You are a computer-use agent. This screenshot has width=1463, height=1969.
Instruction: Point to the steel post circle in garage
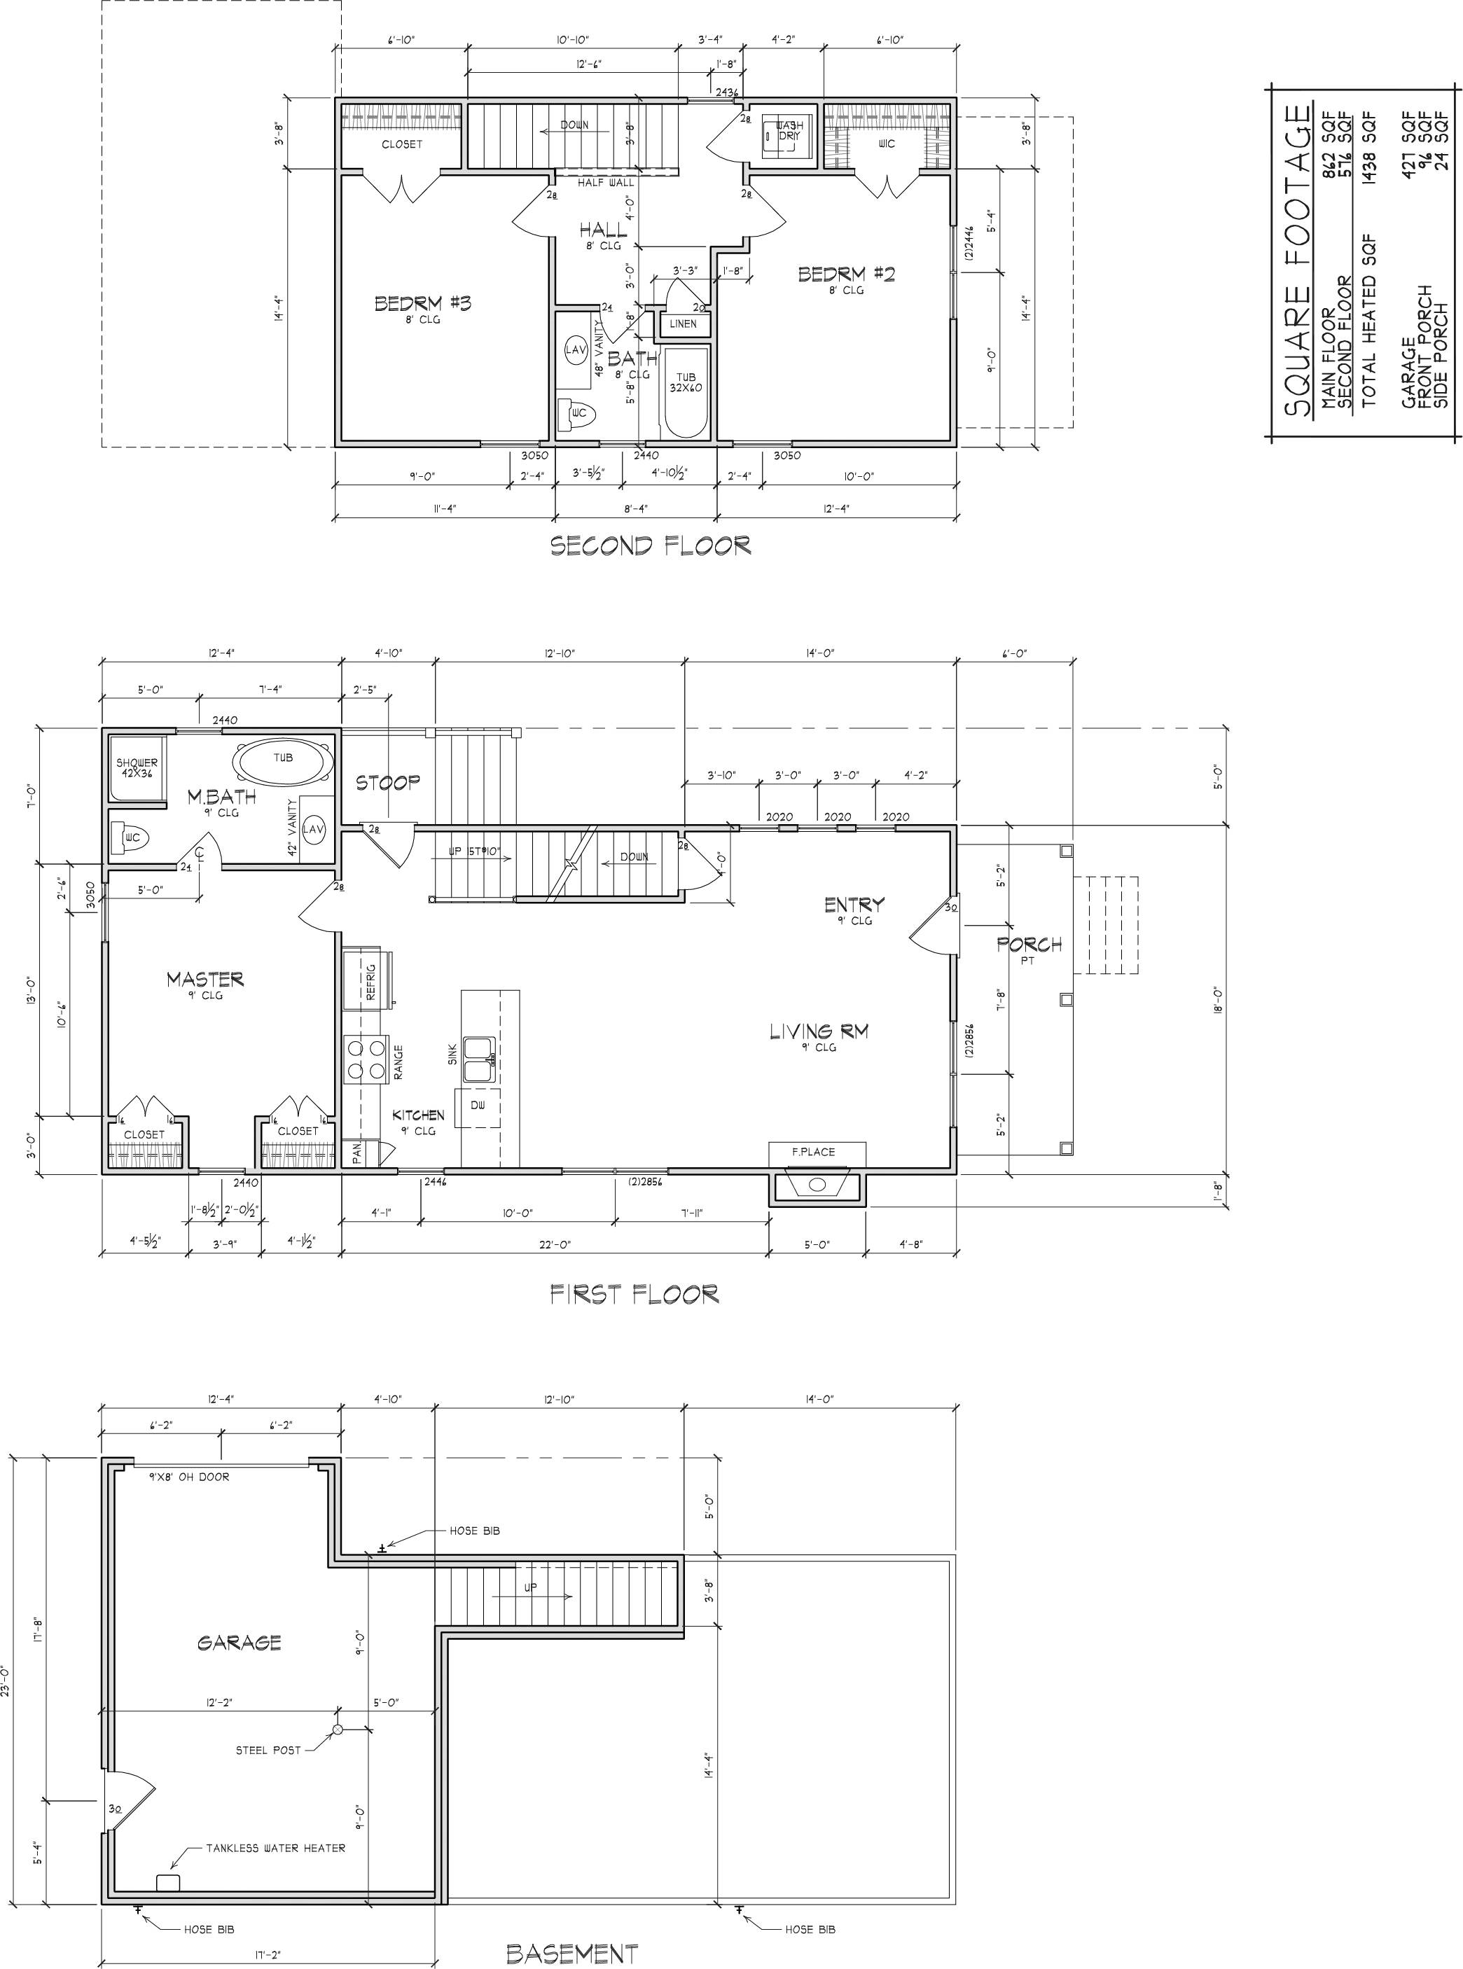tap(338, 1728)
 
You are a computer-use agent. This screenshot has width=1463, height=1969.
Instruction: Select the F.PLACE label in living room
tap(813, 1152)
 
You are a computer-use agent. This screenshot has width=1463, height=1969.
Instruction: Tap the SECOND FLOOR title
tap(651, 545)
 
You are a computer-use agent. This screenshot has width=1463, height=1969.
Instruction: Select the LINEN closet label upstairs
tap(683, 324)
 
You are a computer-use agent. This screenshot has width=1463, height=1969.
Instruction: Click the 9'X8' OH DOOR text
tap(188, 1477)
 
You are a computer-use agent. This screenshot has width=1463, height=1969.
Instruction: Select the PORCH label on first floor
tap(1028, 945)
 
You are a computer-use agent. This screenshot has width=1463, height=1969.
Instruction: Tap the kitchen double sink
tap(481, 1059)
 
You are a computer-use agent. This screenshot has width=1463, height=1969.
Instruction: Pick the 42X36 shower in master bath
tap(137, 767)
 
